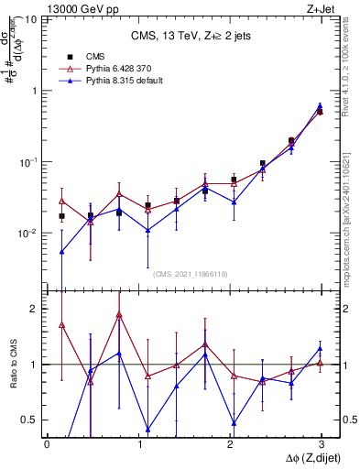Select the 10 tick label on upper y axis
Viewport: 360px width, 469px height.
(30, 19)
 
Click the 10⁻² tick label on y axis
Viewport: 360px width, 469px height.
(27, 234)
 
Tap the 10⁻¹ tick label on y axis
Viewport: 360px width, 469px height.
(27, 162)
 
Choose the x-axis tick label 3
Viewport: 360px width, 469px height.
(321, 442)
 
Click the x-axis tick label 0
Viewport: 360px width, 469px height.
(47, 442)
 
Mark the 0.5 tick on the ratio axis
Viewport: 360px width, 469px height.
(29, 420)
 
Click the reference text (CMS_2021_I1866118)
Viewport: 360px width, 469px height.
(191, 273)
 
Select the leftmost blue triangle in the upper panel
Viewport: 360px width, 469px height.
(61, 251)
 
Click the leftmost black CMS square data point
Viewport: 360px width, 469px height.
(61, 216)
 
